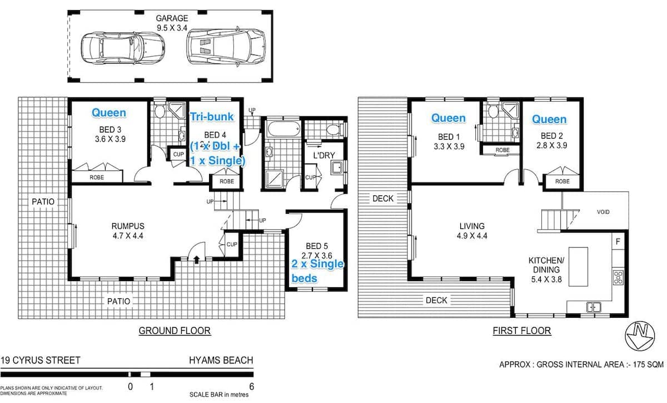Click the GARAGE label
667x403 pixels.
(172, 18)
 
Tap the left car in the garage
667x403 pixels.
(123, 48)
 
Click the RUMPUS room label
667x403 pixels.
(128, 226)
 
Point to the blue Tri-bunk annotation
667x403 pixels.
(212, 117)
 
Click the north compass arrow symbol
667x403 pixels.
(640, 336)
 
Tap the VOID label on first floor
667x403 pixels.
(603, 212)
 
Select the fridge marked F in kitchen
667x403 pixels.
(618, 242)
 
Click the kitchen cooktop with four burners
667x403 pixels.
(618, 277)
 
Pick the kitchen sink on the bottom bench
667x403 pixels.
(594, 307)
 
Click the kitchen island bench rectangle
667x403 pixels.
(578, 267)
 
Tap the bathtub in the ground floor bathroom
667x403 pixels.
(283, 129)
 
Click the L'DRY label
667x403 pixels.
(324, 155)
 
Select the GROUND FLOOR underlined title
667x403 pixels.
(175, 331)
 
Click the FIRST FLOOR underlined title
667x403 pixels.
(522, 331)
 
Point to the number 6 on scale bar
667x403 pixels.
(252, 387)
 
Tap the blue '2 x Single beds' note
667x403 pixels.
(317, 271)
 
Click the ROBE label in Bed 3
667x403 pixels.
(97, 178)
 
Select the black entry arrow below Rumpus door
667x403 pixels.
(197, 259)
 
